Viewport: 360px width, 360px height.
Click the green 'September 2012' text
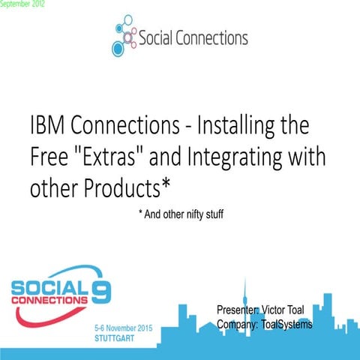pyautogui.click(x=22, y=4)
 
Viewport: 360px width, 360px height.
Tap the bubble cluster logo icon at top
pyautogui.click(x=125, y=37)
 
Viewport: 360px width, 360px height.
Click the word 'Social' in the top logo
pyautogui.click(x=160, y=37)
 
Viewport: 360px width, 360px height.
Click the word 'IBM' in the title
pyautogui.click(x=49, y=124)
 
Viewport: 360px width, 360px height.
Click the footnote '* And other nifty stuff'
pyautogui.click(x=181, y=214)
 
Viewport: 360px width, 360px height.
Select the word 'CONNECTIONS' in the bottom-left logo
pyautogui.click(x=49, y=299)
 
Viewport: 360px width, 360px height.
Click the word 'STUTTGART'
pyautogui.click(x=118, y=339)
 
